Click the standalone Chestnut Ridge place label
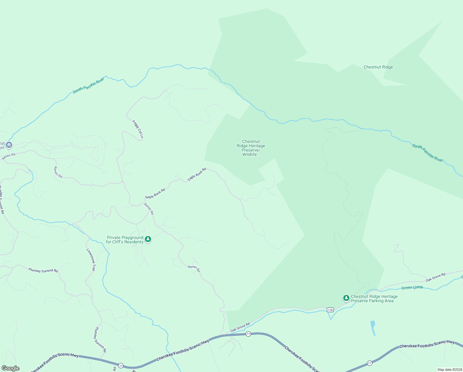click(378, 67)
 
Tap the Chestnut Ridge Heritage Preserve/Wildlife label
click(251, 148)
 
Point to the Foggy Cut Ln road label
click(138, 129)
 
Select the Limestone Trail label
click(91, 260)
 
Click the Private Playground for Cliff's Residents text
click(125, 240)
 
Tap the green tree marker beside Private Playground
click(148, 239)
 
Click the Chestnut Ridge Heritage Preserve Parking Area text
click(374, 299)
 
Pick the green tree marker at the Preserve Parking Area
click(346, 298)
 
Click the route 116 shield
click(330, 310)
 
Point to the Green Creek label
click(412, 288)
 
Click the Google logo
click(11, 368)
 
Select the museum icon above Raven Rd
click(9, 145)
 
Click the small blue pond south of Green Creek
click(373, 328)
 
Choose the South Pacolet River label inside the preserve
click(427, 153)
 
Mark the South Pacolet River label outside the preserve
click(89, 86)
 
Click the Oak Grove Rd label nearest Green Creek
click(435, 277)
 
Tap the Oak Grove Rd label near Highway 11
click(240, 327)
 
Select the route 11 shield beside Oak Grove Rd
click(248, 334)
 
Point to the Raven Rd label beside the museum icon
click(9, 156)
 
